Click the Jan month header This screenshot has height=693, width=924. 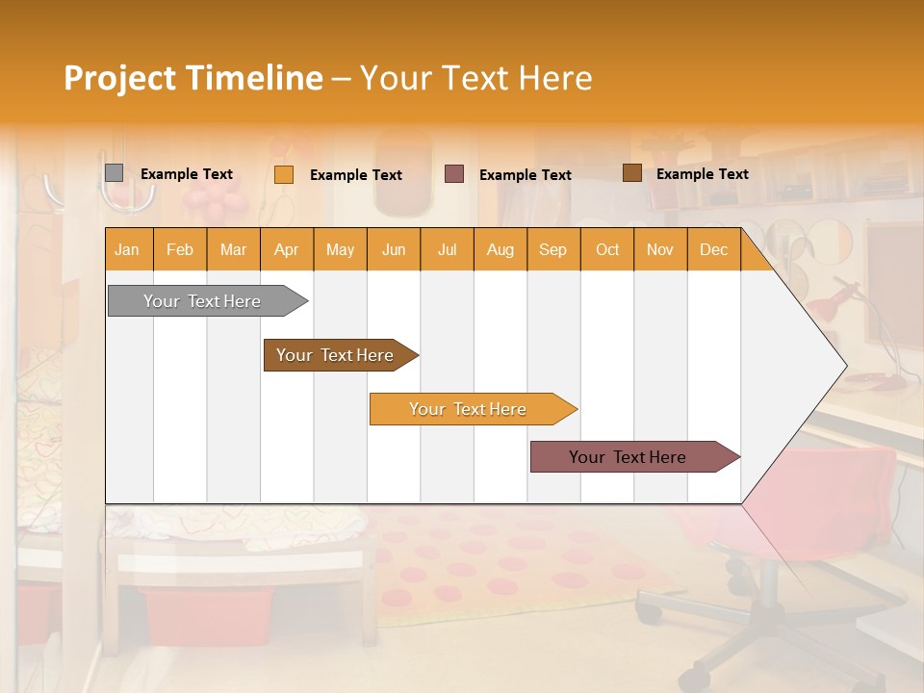(127, 249)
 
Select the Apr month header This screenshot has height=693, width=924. (286, 249)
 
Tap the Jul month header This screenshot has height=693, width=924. (447, 249)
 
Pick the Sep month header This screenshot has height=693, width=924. (552, 249)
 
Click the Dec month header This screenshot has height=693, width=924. (713, 249)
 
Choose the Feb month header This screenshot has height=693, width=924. (180, 249)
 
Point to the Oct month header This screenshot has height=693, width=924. (607, 249)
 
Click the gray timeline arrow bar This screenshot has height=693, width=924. (203, 301)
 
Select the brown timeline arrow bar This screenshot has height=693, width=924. (336, 355)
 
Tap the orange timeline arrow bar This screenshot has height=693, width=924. (469, 409)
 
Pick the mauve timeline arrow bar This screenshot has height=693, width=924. (629, 457)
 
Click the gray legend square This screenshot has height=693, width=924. (114, 173)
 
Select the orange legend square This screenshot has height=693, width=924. (283, 174)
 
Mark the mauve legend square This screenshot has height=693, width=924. (453, 174)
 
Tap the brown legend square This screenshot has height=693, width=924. (631, 173)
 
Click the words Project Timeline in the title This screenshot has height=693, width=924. (193, 78)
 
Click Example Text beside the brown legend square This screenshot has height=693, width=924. (702, 174)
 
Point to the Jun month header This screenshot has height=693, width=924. (394, 249)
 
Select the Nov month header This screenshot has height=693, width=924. (660, 249)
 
